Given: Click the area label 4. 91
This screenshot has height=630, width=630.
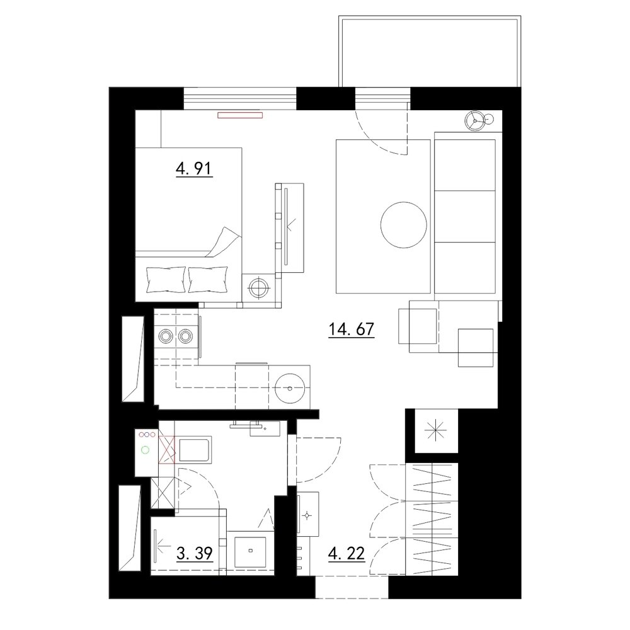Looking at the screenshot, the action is click(x=193, y=168).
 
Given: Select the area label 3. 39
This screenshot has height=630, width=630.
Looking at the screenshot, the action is click(x=195, y=554).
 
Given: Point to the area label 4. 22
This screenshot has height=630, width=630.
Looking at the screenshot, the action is click(x=346, y=554).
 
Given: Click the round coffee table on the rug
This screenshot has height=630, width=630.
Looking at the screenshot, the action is click(x=403, y=225).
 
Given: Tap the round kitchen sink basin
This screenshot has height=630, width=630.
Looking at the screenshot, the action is click(x=290, y=388).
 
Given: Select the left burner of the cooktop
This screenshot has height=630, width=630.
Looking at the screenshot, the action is click(x=165, y=336).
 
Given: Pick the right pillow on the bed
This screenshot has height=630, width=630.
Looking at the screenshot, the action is click(x=208, y=280).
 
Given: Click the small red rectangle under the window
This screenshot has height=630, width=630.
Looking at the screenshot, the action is click(x=240, y=115).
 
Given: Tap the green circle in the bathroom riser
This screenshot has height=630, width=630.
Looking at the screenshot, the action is click(x=146, y=450).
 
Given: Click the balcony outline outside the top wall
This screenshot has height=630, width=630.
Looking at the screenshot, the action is click(x=430, y=16).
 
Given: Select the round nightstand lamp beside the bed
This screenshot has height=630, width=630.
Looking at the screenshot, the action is click(x=258, y=287).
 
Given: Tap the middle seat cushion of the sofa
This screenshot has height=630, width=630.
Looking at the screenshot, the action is click(x=465, y=217).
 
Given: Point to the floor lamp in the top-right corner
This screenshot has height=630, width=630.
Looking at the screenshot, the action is click(x=475, y=120).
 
